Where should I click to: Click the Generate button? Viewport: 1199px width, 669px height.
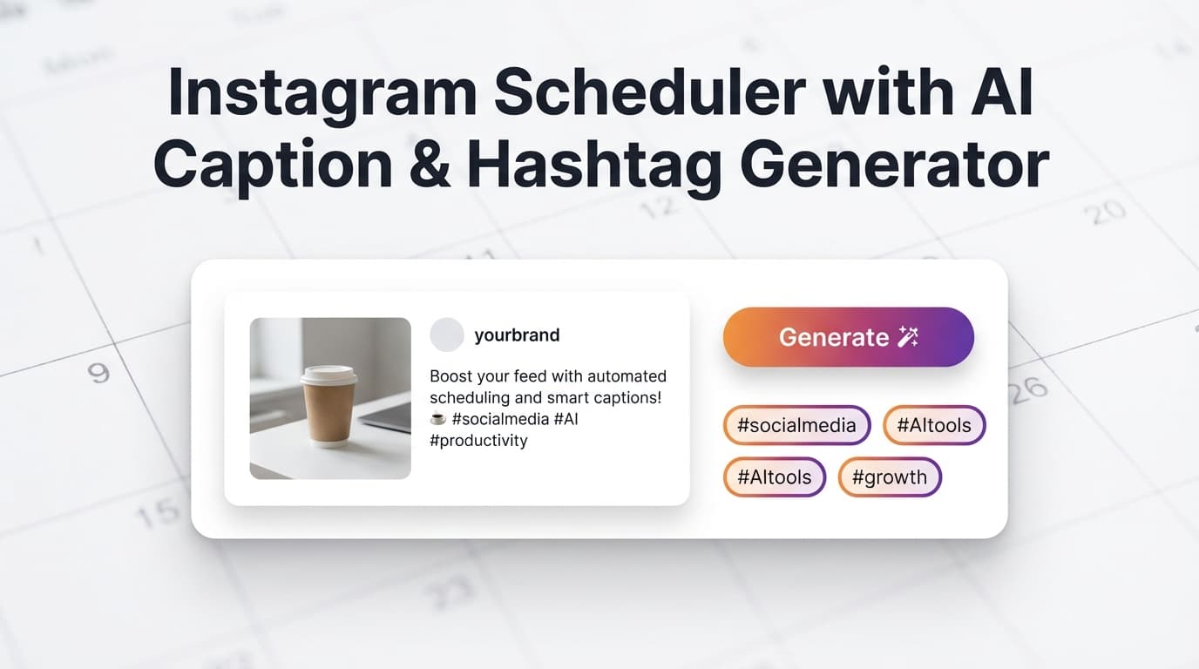click(847, 337)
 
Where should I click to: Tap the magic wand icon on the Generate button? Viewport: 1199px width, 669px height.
click(908, 337)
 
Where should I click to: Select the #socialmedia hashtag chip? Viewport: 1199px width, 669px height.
click(796, 426)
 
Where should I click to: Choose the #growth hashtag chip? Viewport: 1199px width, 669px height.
click(889, 477)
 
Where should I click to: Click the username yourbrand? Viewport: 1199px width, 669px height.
click(517, 334)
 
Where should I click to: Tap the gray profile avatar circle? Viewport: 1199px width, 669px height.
click(447, 334)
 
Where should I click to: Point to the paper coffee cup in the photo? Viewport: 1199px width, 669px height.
click(329, 409)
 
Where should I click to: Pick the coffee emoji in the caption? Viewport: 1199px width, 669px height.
click(438, 419)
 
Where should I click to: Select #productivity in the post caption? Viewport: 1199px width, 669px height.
click(478, 441)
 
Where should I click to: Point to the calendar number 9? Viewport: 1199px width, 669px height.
click(99, 373)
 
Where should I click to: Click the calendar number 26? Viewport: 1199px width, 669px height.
click(1027, 388)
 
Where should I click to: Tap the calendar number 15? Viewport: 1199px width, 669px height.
click(159, 514)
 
